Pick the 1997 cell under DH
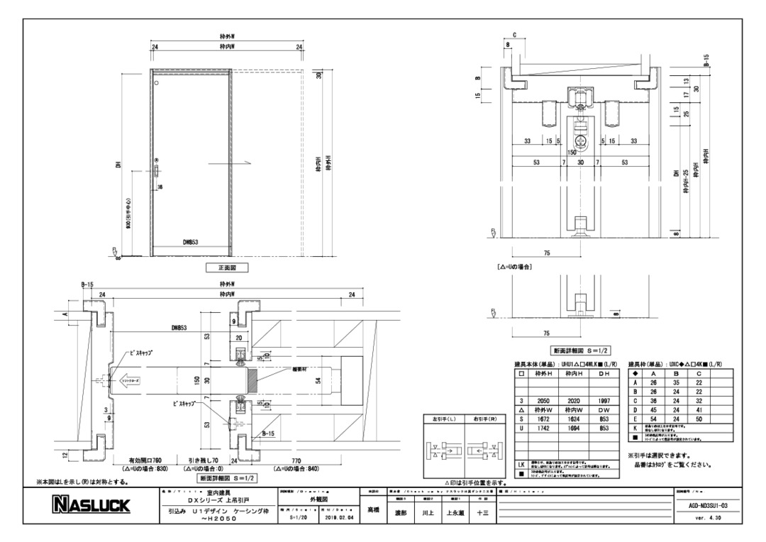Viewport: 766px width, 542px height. point(604,401)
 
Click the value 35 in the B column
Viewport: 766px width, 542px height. point(675,382)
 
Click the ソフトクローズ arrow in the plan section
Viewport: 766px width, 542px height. point(128,380)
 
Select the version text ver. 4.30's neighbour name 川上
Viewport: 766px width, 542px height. point(424,511)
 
